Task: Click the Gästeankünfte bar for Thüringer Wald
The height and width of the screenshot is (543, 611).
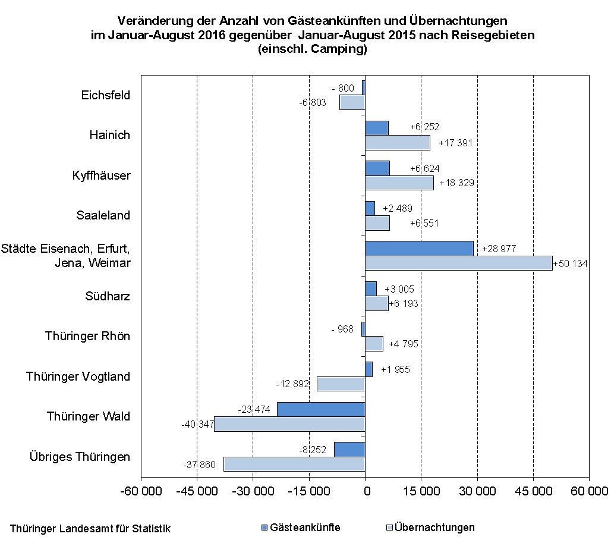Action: tap(321, 409)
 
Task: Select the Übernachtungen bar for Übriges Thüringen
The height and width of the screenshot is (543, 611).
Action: tap(294, 464)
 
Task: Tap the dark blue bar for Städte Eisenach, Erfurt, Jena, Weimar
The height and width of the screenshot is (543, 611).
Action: tap(419, 248)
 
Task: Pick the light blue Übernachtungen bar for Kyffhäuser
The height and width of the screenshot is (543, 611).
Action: tap(399, 183)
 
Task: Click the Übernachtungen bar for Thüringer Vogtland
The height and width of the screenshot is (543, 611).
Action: tap(341, 384)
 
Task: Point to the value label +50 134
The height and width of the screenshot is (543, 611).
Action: tap(570, 263)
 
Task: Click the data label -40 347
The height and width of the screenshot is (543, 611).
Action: tap(197, 424)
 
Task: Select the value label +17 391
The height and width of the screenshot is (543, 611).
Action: tap(456, 143)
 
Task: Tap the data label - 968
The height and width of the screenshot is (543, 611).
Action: tap(342, 329)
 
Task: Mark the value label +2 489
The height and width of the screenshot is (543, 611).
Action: tap(397, 208)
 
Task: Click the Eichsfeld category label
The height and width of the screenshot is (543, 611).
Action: tap(106, 95)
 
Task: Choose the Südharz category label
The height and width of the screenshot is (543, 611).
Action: tap(108, 296)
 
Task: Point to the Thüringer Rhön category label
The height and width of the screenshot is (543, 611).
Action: tap(87, 336)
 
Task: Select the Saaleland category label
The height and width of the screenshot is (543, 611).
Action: tap(103, 215)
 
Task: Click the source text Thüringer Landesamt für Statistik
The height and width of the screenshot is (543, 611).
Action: tap(90, 529)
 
